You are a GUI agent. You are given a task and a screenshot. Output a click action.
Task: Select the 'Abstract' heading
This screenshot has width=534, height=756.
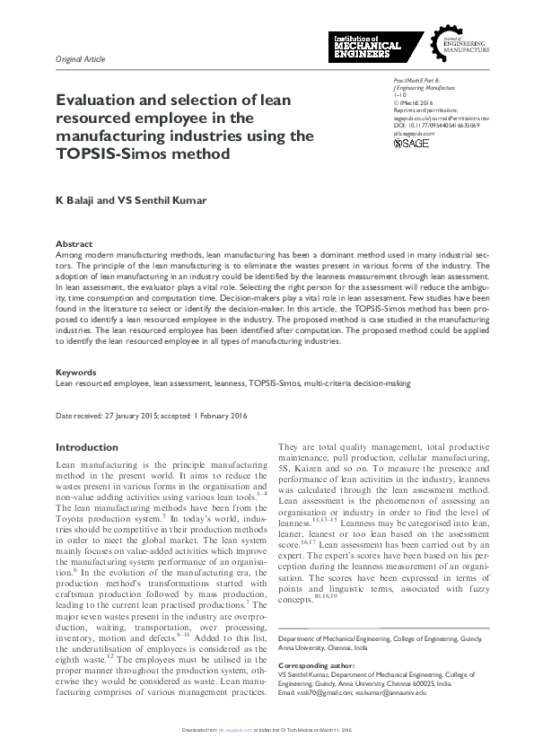(74, 244)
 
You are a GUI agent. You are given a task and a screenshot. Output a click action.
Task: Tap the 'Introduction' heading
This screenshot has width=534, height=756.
(87, 447)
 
